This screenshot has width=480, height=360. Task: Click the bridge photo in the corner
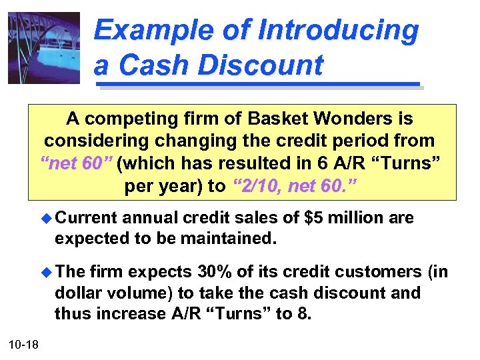43,48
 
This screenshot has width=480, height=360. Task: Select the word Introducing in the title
338,30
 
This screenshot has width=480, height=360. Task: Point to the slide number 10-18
24,343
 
